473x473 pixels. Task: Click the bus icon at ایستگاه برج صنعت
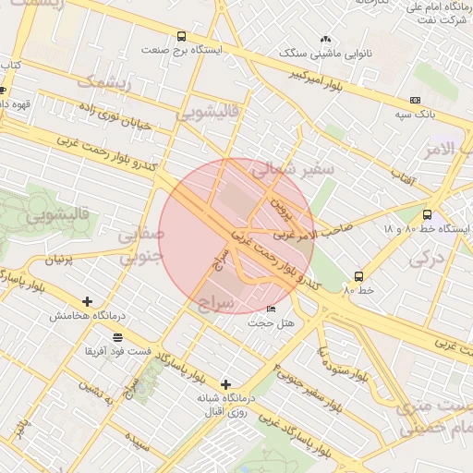(181, 37)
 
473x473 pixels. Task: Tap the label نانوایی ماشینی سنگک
(326, 55)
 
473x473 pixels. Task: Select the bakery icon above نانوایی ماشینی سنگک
(325, 40)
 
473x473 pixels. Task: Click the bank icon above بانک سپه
(415, 100)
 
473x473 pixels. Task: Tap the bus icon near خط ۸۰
(358, 275)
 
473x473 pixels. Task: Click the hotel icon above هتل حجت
(271, 309)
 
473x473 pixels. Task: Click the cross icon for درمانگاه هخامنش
(88, 301)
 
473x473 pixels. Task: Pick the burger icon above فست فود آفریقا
(116, 337)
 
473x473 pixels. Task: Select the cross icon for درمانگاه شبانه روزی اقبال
(225, 383)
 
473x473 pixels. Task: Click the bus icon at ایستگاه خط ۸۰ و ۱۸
(426, 213)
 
